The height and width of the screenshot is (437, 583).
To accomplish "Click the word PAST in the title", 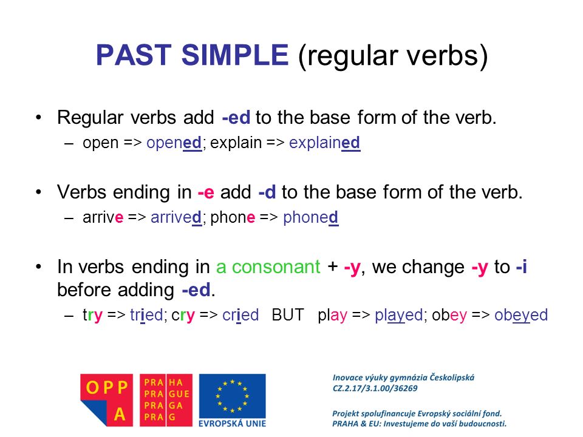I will tap(129, 56).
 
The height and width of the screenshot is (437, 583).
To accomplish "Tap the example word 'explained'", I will tap(324, 143).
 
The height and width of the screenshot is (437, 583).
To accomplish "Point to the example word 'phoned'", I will tap(310, 218).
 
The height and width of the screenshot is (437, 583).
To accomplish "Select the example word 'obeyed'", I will tap(521, 316).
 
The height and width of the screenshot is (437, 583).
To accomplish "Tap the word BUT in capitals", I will tap(288, 316).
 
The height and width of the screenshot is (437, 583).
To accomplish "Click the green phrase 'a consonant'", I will tap(268, 267).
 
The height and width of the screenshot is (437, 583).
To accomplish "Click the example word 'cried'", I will tap(240, 316).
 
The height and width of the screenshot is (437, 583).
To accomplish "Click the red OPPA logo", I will tap(106, 399).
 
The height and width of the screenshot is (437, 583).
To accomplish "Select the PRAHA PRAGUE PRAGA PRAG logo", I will tap(166, 399).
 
